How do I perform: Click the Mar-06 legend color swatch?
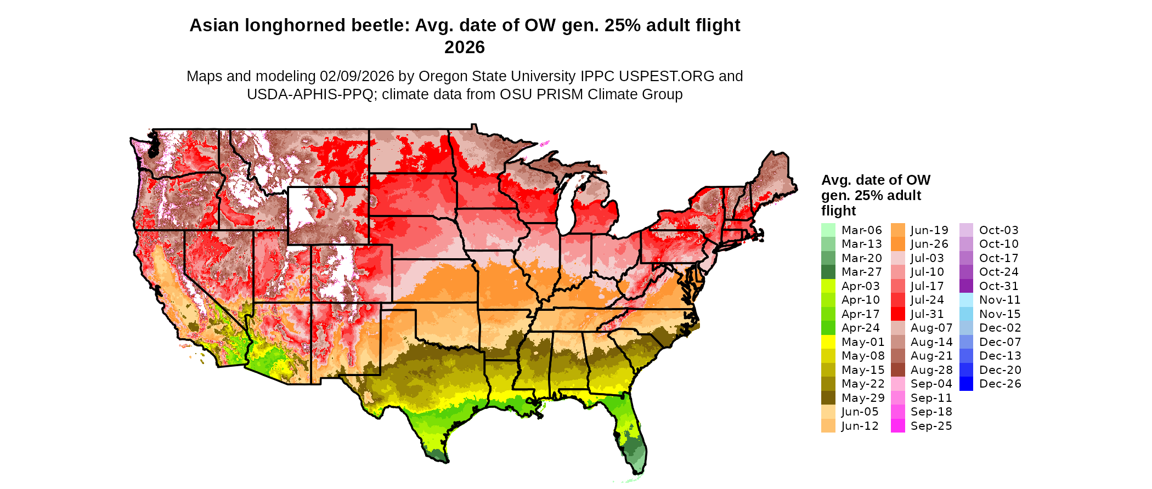[x=828, y=230]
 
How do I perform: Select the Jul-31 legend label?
[x=927, y=314]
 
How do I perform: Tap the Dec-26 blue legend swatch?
[x=966, y=384]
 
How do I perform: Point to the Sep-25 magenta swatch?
[x=897, y=426]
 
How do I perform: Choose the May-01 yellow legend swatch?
[x=828, y=342]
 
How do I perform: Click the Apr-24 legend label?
[x=860, y=328]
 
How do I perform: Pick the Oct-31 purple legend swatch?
[x=966, y=286]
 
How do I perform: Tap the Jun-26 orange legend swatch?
[x=897, y=244]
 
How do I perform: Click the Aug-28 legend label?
[x=931, y=370]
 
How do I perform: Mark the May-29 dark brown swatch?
[x=828, y=398]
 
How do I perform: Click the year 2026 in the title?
[x=465, y=47]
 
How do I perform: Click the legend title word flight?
[x=838, y=211]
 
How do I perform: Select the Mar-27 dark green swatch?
[x=828, y=272]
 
